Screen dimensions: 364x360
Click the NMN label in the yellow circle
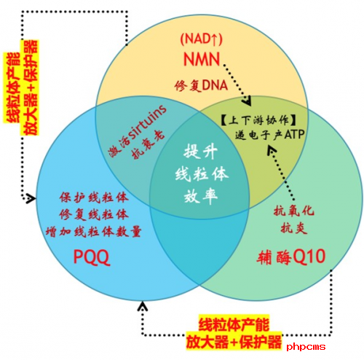coord(202,59)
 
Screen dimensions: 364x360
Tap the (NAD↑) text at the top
coord(201,39)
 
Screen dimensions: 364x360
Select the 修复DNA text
coord(201,86)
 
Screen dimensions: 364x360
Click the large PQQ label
coord(92,257)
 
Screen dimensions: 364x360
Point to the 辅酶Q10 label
coord(291,257)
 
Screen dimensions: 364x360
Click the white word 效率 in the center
coord(201,196)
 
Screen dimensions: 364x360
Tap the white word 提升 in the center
coord(200,152)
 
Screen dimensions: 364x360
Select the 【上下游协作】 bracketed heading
coord(258,120)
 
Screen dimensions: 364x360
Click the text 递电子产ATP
coord(269,135)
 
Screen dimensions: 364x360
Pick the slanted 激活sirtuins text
coord(138,130)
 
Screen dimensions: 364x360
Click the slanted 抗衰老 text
coord(149,145)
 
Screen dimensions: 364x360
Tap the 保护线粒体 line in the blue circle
coord(94,197)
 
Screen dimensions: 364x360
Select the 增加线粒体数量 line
coord(94,232)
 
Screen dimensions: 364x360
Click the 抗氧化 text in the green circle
coord(294,211)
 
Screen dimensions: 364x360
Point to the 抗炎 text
coord(294,228)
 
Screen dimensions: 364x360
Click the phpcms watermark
coord(306,347)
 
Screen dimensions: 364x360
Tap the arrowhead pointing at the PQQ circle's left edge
coord(31,198)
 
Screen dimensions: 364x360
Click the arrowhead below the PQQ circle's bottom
coord(143,306)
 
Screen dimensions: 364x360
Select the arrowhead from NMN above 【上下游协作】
coord(247,101)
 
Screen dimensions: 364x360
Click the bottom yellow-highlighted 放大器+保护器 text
coord(234,342)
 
